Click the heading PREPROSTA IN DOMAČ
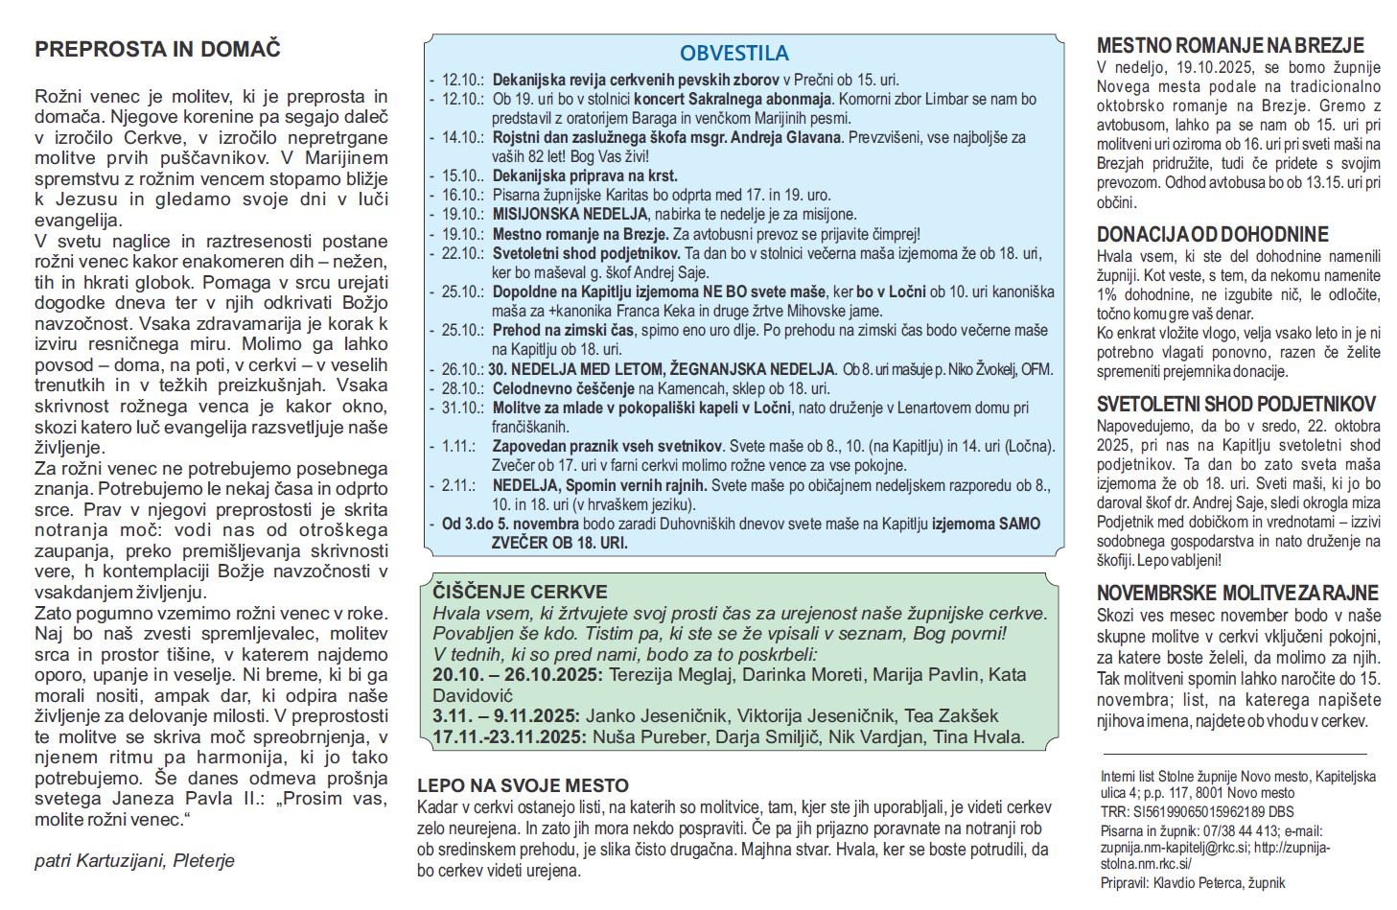(157, 50)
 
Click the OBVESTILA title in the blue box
(734, 54)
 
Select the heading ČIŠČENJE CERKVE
(520, 592)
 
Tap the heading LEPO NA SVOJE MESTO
(523, 786)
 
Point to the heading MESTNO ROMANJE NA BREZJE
(1230, 45)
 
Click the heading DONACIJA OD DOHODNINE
(1212, 234)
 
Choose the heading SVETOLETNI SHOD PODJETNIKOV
(1236, 404)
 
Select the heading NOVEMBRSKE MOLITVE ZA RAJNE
(1237, 593)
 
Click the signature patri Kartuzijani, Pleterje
(134, 860)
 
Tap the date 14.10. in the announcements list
(463, 137)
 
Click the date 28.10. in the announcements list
(463, 388)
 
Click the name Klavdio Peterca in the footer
(1204, 883)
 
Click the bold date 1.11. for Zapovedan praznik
(458, 446)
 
